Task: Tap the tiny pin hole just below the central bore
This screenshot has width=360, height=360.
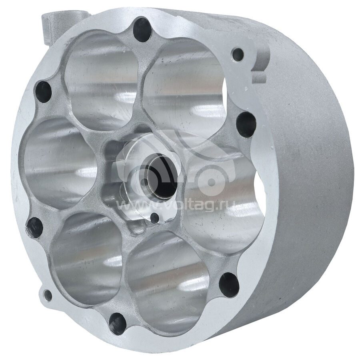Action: [x=155, y=218]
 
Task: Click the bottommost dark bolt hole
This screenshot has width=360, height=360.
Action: [x=118, y=324]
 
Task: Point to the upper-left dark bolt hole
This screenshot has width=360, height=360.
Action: [x=43, y=92]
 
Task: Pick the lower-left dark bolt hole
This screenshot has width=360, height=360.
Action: [x=35, y=228]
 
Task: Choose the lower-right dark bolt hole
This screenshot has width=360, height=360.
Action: [x=229, y=285]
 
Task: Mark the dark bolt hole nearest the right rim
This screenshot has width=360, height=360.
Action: [x=246, y=125]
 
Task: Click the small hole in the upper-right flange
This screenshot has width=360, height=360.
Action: [x=238, y=55]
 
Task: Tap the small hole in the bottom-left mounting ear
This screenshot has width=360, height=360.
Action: [x=48, y=296]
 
